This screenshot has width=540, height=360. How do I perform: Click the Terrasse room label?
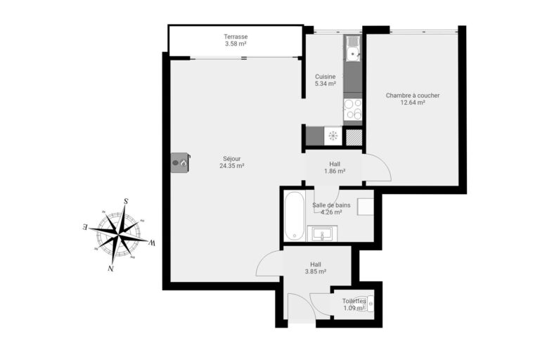tap(236, 37)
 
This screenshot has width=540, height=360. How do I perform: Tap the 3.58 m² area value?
tap(236, 44)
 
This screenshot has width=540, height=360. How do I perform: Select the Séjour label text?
tap(231, 159)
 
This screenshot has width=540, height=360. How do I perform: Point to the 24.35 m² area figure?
tap(231, 167)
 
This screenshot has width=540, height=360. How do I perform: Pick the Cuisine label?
tap(325, 77)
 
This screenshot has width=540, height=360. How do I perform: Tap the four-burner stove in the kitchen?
tap(352, 109)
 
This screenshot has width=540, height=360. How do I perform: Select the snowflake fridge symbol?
tap(333, 136)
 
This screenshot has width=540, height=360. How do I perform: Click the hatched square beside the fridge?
tap(354, 136)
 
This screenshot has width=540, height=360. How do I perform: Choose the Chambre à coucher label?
tap(413, 95)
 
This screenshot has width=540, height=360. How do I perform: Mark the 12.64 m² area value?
tap(413, 103)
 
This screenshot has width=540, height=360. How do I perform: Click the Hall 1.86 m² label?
tap(335, 167)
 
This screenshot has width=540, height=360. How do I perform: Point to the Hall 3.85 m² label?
tap(315, 268)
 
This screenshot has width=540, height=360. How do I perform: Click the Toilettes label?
tap(354, 301)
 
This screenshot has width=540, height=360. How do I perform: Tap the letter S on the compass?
tap(126, 201)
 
